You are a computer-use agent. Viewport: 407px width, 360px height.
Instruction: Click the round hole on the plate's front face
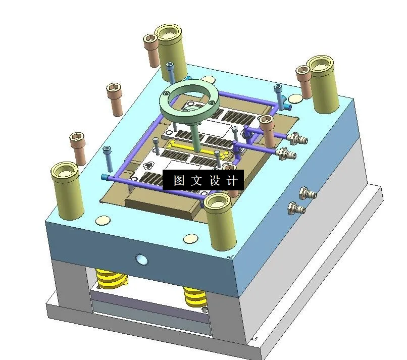click(x=141, y=260)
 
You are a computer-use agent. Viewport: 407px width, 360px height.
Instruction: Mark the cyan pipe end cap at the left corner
click(x=105, y=177)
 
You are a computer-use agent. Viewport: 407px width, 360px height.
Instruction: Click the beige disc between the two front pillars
click(x=191, y=237)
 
